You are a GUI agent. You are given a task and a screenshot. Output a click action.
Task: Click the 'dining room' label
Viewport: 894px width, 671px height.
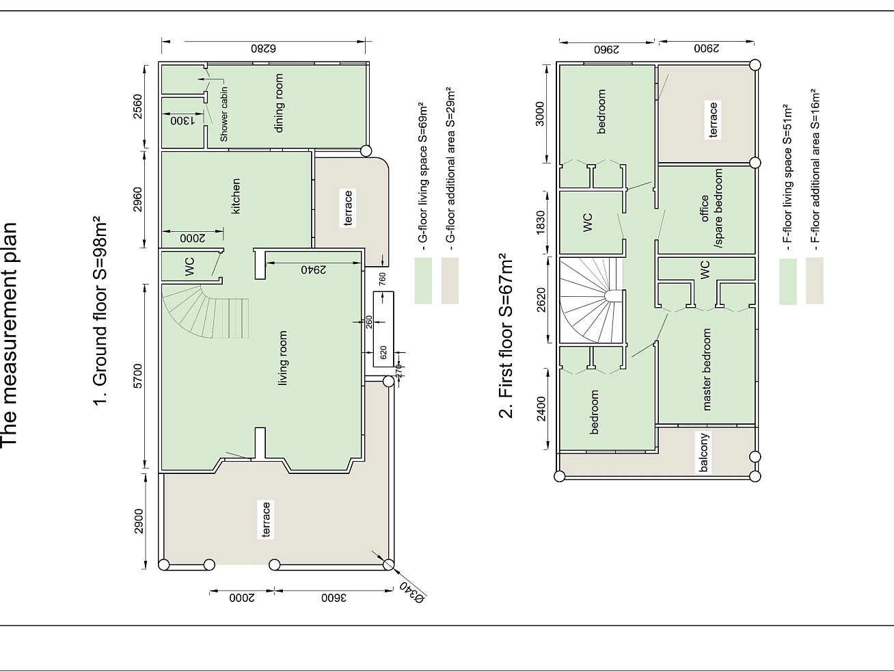click(x=279, y=103)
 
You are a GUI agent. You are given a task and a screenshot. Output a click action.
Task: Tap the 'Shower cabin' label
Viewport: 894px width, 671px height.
click(x=223, y=114)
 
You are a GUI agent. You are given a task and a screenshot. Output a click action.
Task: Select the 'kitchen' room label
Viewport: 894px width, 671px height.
click(x=236, y=196)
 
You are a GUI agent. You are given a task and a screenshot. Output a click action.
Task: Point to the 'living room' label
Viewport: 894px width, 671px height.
click(x=282, y=358)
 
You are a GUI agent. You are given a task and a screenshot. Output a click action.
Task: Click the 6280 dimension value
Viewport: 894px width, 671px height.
click(x=264, y=49)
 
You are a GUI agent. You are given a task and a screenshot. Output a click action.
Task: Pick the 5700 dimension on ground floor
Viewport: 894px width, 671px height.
click(x=139, y=376)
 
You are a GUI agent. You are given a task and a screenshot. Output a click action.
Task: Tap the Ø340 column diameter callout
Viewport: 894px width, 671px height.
click(x=412, y=592)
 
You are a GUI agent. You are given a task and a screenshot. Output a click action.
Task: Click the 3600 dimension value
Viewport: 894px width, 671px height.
click(x=334, y=598)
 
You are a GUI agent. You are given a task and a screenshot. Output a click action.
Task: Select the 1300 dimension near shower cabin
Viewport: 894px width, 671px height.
click(x=182, y=120)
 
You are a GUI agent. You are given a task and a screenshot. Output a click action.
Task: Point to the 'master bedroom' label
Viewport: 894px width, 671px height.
click(x=707, y=369)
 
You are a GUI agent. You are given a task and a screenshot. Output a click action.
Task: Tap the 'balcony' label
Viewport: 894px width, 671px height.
click(x=704, y=453)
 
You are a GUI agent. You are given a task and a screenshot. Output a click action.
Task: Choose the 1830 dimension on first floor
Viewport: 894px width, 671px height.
click(x=541, y=222)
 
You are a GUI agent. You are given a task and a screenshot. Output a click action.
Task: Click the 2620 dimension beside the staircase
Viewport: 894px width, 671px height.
click(x=541, y=300)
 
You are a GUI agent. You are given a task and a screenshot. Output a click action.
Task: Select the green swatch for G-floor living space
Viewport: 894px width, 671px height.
click(x=423, y=280)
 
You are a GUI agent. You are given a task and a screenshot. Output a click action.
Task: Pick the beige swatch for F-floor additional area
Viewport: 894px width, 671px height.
click(x=815, y=280)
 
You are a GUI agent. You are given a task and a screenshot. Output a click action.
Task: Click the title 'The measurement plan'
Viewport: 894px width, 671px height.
click(x=9, y=334)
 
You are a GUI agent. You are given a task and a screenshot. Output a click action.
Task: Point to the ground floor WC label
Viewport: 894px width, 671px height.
click(x=190, y=267)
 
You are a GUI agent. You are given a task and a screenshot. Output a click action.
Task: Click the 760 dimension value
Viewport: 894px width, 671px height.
click(x=383, y=279)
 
